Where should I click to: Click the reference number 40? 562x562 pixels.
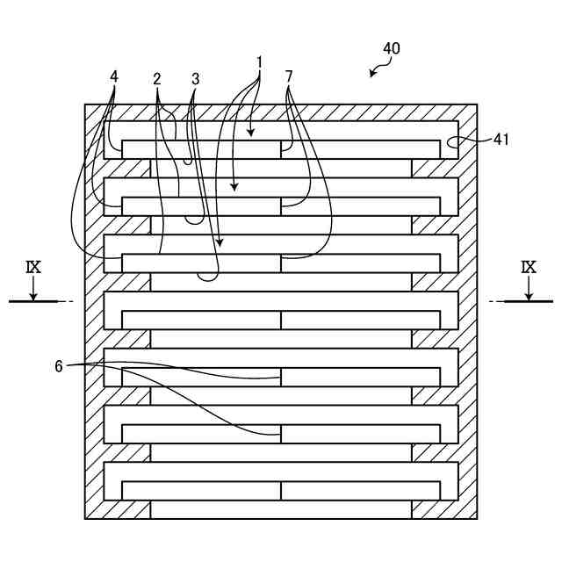[x=391, y=49]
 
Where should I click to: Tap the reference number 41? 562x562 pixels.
[x=501, y=139]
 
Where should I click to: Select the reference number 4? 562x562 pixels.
[x=114, y=76]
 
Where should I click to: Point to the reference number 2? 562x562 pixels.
[x=156, y=79]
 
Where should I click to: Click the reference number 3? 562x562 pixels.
[x=195, y=79]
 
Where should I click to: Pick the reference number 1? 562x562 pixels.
[x=260, y=62]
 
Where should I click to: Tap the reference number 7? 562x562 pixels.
[x=289, y=76]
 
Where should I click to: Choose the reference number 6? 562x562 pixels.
[x=59, y=366]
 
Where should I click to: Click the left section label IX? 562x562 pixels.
[x=33, y=267]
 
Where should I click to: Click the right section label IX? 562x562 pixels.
[x=529, y=267]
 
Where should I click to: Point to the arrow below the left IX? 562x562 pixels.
[x=33, y=289]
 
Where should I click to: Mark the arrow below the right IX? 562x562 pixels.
[x=529, y=289]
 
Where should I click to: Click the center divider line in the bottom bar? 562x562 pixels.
[x=281, y=490]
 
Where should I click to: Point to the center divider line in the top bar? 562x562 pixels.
[x=281, y=149]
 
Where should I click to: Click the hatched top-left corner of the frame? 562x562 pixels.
[x=95, y=113]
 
